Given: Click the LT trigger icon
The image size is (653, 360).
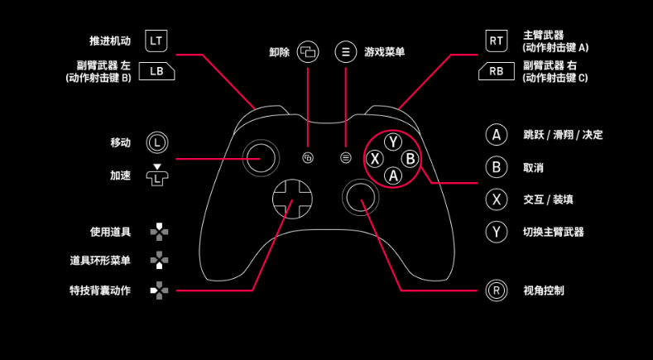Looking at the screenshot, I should click(x=157, y=40).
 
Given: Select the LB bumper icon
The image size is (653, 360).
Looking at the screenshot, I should click(x=156, y=71).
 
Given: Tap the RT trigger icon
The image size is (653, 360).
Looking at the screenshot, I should click(x=496, y=40).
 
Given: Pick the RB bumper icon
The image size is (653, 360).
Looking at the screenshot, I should click(x=496, y=71).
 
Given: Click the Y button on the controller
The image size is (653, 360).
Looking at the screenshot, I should click(x=393, y=142).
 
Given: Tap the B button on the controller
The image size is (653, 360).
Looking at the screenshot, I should click(x=411, y=159).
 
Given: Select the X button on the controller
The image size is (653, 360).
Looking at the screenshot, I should click(x=376, y=159).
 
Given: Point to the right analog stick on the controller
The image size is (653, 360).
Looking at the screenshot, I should click(x=361, y=197).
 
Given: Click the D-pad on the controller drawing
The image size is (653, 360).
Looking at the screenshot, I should click(x=291, y=198).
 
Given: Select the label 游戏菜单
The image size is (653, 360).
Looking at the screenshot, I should click(x=384, y=52).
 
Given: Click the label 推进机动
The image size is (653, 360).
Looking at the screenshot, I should click(x=110, y=40).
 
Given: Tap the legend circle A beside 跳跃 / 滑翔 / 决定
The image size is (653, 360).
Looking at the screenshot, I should click(x=496, y=135).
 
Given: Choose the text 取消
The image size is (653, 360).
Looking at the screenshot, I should click(x=533, y=167).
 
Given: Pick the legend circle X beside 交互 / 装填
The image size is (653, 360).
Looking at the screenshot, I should click(x=496, y=199).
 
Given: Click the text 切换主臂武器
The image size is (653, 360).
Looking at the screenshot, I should click(x=554, y=232).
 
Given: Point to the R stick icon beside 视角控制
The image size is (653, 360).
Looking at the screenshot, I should click(x=496, y=290).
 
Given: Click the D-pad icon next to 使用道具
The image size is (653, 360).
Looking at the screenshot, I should click(x=159, y=232).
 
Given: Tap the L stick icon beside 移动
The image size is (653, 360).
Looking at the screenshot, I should click(x=157, y=142).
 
